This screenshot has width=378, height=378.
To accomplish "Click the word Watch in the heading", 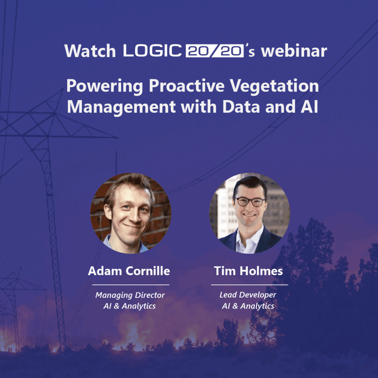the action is click(x=90, y=51).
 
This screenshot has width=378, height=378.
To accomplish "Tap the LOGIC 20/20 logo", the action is click(x=183, y=51).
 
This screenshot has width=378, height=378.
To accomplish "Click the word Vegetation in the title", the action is click(x=274, y=86).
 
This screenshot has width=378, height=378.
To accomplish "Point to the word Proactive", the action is click(x=186, y=86).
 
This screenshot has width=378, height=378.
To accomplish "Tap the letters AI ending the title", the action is click(x=309, y=107).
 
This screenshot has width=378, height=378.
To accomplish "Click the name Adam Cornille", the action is click(x=129, y=271).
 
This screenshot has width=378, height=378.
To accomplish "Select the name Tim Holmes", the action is click(x=248, y=271).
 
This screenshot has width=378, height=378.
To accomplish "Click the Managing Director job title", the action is click(x=130, y=295).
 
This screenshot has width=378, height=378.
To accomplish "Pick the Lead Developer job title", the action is click(x=248, y=295).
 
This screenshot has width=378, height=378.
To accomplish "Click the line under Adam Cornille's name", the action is click(x=131, y=285).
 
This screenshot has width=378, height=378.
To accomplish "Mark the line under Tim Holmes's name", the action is click(x=250, y=285).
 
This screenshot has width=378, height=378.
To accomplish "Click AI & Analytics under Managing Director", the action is click(x=130, y=306).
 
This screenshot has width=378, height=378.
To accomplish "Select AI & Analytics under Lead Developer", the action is click(x=248, y=306).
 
